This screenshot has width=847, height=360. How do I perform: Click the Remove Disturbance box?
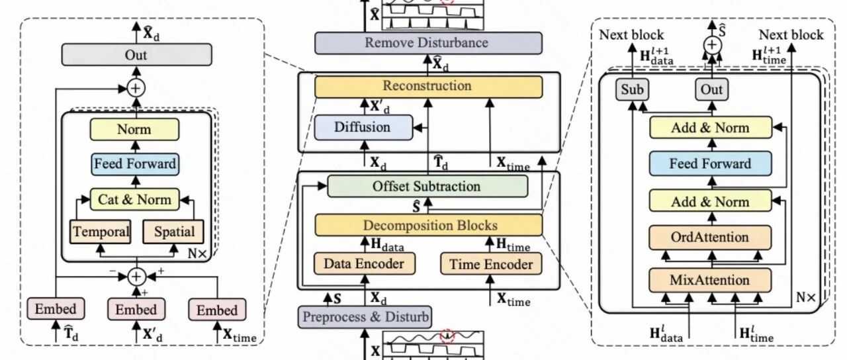[x=428, y=43]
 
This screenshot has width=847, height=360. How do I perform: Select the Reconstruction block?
[x=428, y=86]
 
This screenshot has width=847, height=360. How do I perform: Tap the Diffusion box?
[x=363, y=128]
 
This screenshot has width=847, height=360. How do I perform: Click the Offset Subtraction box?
[x=427, y=186]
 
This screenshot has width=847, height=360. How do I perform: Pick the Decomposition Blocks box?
[x=428, y=226]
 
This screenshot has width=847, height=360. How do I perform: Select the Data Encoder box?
[x=364, y=263]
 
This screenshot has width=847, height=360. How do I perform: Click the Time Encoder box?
[x=491, y=264]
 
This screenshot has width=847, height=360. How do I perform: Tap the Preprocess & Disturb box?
[x=365, y=317]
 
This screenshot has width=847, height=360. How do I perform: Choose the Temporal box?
[x=101, y=232]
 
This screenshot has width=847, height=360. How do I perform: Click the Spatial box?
[x=173, y=232]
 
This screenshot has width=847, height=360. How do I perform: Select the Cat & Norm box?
[x=134, y=199]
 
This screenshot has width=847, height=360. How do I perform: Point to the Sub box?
[x=632, y=89]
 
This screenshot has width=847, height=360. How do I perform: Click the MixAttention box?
[x=710, y=280]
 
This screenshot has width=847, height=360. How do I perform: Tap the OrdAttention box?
[x=710, y=238]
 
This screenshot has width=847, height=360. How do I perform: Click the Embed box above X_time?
[x=218, y=310]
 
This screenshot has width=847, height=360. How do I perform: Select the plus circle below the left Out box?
[x=136, y=88]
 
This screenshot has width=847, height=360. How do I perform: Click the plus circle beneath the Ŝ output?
[x=713, y=45]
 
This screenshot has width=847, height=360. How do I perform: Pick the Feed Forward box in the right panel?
[x=711, y=163]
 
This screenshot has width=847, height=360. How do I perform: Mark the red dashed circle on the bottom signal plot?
[x=447, y=336]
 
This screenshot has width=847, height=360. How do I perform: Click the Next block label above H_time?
[x=791, y=35]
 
